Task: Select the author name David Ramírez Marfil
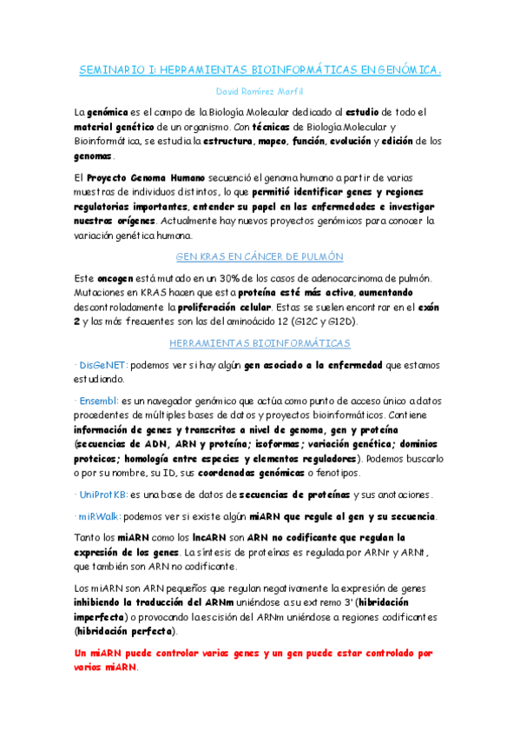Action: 260,91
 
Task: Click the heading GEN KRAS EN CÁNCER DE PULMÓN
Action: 260,256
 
